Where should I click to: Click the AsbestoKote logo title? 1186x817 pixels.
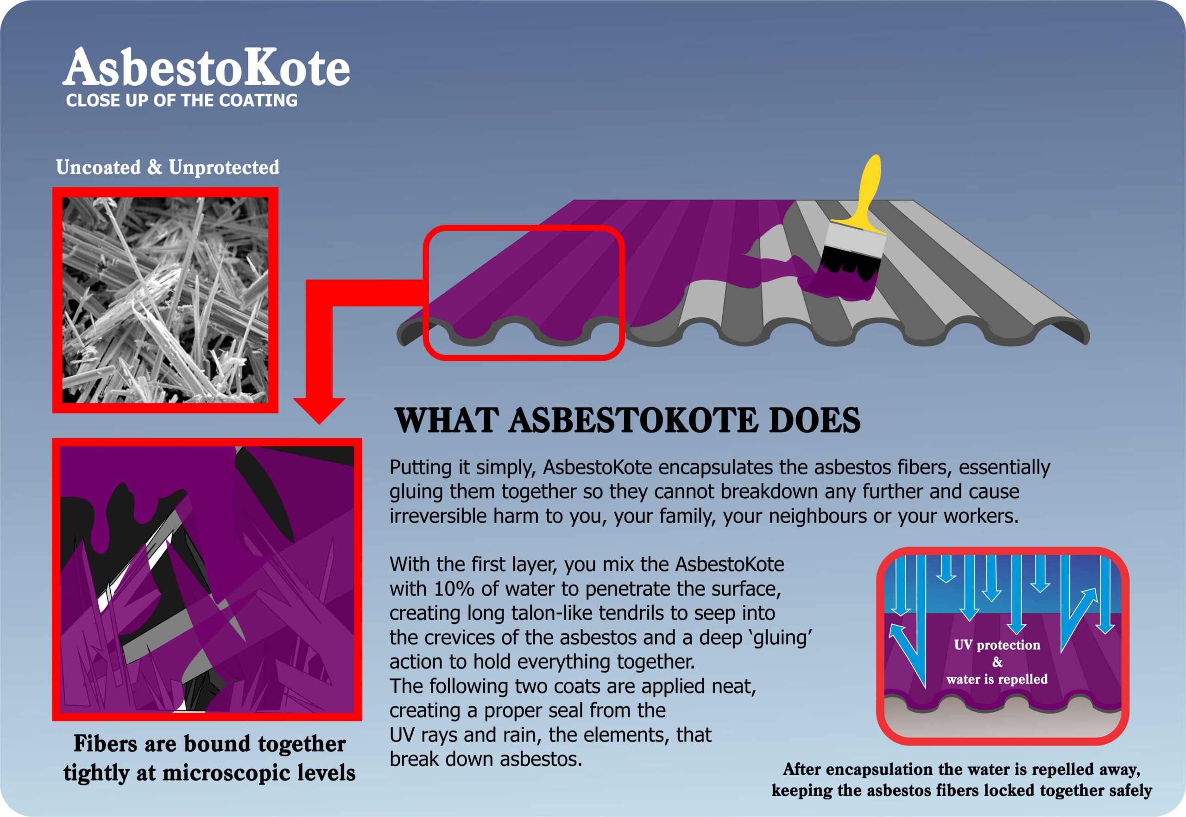pyautogui.click(x=206, y=67)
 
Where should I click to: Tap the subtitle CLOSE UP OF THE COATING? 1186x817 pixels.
pyautogui.click(x=182, y=101)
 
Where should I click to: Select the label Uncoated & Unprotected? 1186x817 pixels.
pyautogui.click(x=167, y=167)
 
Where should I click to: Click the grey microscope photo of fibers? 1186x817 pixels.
pyautogui.click(x=165, y=300)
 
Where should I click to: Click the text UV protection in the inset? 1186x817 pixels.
pyautogui.click(x=997, y=645)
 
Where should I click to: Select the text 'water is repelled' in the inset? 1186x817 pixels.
pyautogui.click(x=997, y=679)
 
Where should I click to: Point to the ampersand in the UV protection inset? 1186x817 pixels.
pyautogui.click(x=997, y=662)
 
